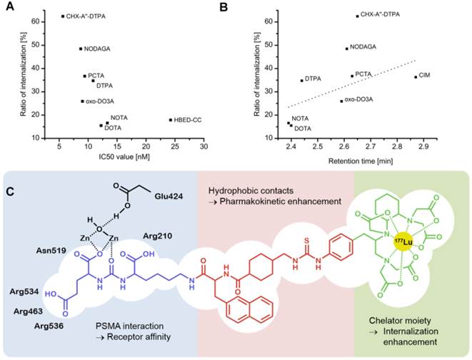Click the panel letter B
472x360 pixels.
coord(243,7)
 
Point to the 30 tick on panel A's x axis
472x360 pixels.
coord(204,145)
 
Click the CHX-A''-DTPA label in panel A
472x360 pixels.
coord(88,16)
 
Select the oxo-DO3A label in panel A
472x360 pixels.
coord(101,101)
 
